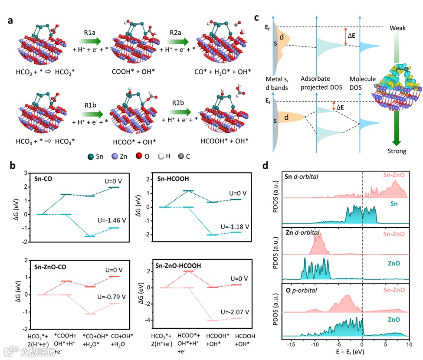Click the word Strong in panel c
pyautogui.click(x=397, y=151)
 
